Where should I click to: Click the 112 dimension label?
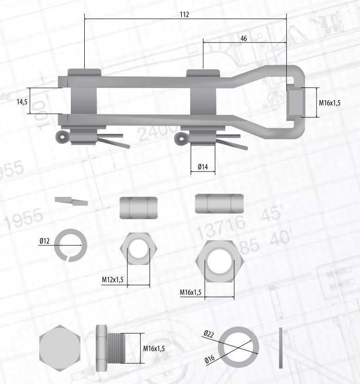click(x=185, y=14)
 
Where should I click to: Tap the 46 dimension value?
click(x=243, y=38)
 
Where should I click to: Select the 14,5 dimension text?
click(x=22, y=102)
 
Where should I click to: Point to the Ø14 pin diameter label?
click(x=203, y=167)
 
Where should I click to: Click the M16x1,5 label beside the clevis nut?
click(x=329, y=103)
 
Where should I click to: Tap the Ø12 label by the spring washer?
click(x=44, y=241)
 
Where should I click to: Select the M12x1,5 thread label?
click(x=112, y=279)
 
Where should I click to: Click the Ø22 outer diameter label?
click(x=209, y=334)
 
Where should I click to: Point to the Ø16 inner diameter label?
click(x=210, y=359)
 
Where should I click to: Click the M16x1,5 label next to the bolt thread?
click(x=154, y=348)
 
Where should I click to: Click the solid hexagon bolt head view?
click(x=60, y=348)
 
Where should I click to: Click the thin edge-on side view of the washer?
click(x=281, y=348)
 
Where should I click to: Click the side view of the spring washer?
click(x=71, y=201)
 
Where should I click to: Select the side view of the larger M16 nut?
click(x=219, y=203)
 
